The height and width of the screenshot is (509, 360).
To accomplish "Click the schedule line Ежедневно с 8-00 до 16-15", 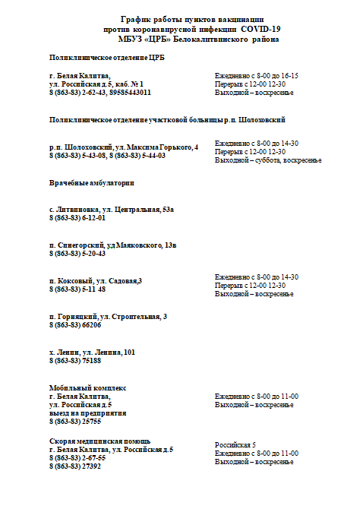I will coord(257,76).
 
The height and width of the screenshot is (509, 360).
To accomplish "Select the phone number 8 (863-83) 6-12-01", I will coord(77,218).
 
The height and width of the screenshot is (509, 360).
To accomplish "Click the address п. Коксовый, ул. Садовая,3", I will coord(96,281).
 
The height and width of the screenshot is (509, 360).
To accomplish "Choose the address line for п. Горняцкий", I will coord(109,316).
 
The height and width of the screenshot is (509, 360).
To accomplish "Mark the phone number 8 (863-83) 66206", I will coord(75,324).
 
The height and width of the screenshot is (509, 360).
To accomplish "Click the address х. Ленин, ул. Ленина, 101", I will coord(92,352).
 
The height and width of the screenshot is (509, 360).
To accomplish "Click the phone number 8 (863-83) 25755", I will coord(75,421).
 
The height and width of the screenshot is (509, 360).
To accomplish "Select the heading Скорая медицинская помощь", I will coord(99,441).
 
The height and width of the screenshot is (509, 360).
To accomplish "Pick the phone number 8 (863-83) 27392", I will coord(75,466).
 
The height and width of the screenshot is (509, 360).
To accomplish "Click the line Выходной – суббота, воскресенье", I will coord(268,160).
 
